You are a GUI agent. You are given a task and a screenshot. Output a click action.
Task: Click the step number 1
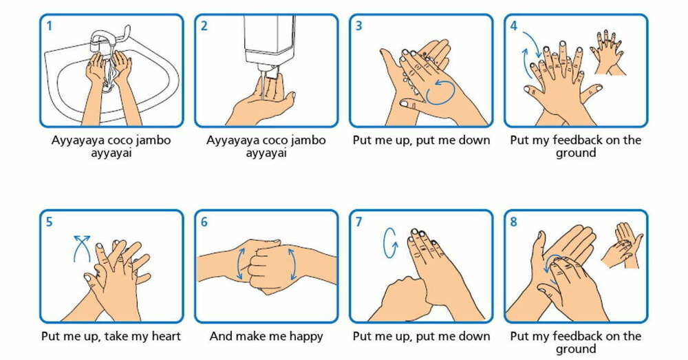pos(49,26)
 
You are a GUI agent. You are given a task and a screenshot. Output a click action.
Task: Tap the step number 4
pos(513,26)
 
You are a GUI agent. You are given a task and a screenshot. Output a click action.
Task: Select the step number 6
pos(204,222)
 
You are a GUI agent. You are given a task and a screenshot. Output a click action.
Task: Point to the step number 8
pos(513,222)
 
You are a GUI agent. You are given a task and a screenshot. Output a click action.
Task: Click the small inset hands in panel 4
pos(608,53)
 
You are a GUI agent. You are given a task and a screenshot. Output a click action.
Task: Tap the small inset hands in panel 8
pos(623,245)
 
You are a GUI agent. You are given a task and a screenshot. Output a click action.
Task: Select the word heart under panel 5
pos(166,337)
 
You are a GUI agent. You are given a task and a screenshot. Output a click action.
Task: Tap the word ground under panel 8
pos(576,350)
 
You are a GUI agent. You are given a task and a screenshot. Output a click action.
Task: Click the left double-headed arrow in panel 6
pos(240,264)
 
